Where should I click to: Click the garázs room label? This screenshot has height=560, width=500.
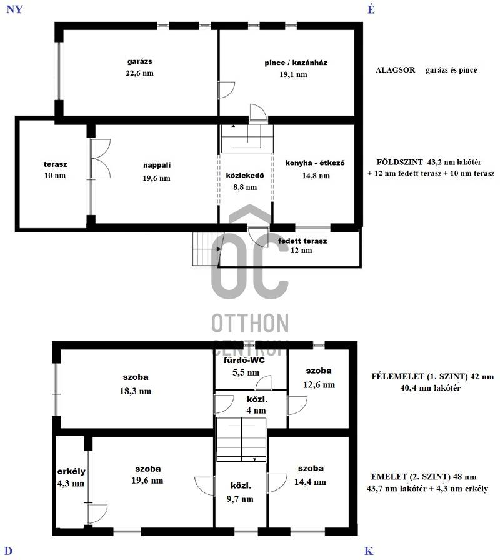(139, 61)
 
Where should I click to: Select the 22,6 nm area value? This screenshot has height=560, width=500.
(139, 73)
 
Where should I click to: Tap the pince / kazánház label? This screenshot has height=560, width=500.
(296, 63)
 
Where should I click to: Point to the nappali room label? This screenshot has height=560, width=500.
(157, 165)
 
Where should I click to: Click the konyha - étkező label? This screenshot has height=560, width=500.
(315, 163)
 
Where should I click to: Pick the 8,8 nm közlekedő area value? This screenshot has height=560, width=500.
(245, 187)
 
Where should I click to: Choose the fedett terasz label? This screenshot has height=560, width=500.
(302, 241)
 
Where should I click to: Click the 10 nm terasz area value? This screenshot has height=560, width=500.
(55, 176)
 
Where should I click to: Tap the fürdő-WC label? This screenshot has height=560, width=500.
(244, 360)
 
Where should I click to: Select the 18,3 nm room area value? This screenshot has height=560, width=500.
(136, 391)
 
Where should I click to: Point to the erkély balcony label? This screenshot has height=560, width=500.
(71, 471)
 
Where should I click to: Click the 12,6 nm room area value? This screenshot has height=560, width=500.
(319, 384)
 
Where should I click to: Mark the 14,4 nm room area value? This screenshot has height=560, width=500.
(310, 482)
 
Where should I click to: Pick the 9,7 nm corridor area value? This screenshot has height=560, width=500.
(240, 499)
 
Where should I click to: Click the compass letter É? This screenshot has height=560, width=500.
(371, 9)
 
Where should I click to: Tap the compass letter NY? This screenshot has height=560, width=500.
(14, 9)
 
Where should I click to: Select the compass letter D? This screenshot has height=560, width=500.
(9, 551)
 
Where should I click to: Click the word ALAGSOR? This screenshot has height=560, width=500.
(396, 70)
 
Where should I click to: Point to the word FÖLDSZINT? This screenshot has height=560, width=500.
(399, 162)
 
